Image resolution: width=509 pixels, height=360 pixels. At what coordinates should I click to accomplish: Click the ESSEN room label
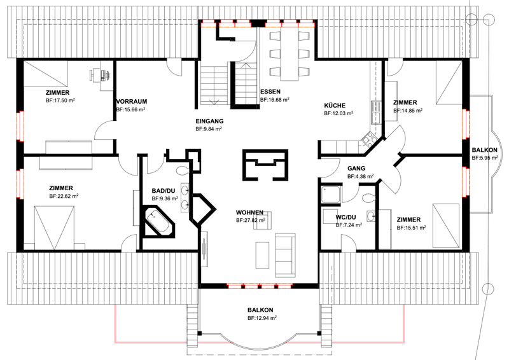click(270, 92)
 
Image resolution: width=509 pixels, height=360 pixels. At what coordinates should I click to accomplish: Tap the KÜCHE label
click(335, 106)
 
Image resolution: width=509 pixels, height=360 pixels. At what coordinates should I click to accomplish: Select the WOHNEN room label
click(249, 212)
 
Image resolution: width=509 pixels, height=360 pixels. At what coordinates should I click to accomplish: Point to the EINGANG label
click(209, 121)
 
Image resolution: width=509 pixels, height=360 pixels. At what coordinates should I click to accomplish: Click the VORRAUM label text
click(132, 101)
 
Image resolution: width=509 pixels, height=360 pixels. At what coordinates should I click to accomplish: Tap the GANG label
click(356, 168)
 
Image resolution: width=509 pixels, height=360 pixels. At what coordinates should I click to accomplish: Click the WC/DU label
click(345, 217)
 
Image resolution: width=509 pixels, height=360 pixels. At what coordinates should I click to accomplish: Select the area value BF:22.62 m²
click(64, 196)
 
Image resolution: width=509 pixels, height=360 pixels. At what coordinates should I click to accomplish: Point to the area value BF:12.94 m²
click(262, 318)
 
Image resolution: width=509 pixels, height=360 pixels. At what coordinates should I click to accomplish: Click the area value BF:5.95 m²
click(485, 158)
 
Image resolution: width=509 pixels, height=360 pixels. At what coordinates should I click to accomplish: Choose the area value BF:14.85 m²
click(408, 111)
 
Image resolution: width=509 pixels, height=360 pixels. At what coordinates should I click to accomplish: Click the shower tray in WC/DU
click(331, 195)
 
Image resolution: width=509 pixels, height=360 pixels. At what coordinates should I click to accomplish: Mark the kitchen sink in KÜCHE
click(375, 112)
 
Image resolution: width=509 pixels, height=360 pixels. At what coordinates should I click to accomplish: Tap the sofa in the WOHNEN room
click(285, 255)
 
